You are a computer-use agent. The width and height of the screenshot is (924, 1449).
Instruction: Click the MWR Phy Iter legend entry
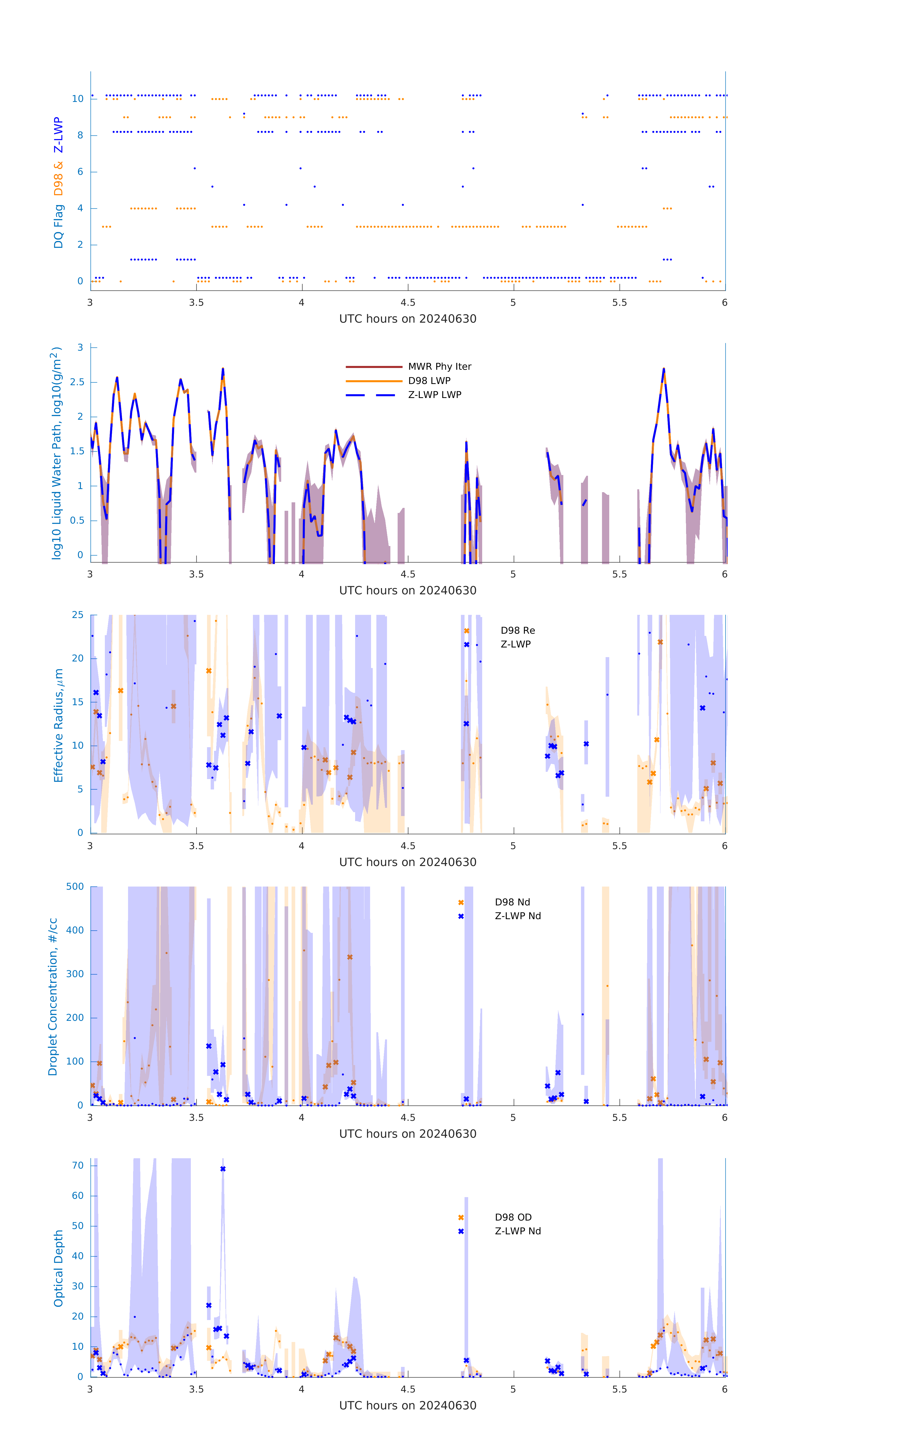click(x=439, y=366)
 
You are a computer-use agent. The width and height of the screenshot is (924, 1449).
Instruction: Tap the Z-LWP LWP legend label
click(x=435, y=395)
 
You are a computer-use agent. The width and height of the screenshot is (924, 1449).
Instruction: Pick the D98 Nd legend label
click(x=512, y=902)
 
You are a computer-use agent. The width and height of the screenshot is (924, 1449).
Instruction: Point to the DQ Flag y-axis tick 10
click(x=78, y=99)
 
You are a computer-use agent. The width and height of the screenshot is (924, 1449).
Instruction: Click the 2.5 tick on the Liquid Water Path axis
click(x=77, y=382)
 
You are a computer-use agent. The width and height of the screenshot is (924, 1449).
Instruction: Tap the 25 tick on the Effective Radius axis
click(x=78, y=615)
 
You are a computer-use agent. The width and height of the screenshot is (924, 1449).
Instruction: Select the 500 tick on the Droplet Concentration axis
click(x=75, y=886)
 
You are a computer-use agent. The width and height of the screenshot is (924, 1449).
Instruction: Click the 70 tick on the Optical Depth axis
click(x=78, y=1165)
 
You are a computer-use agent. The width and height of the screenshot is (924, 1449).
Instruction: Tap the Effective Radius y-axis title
click(x=58, y=725)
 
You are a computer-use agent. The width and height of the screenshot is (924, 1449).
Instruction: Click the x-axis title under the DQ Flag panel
click(x=408, y=319)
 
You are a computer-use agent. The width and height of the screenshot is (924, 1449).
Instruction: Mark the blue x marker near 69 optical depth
click(x=223, y=1169)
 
